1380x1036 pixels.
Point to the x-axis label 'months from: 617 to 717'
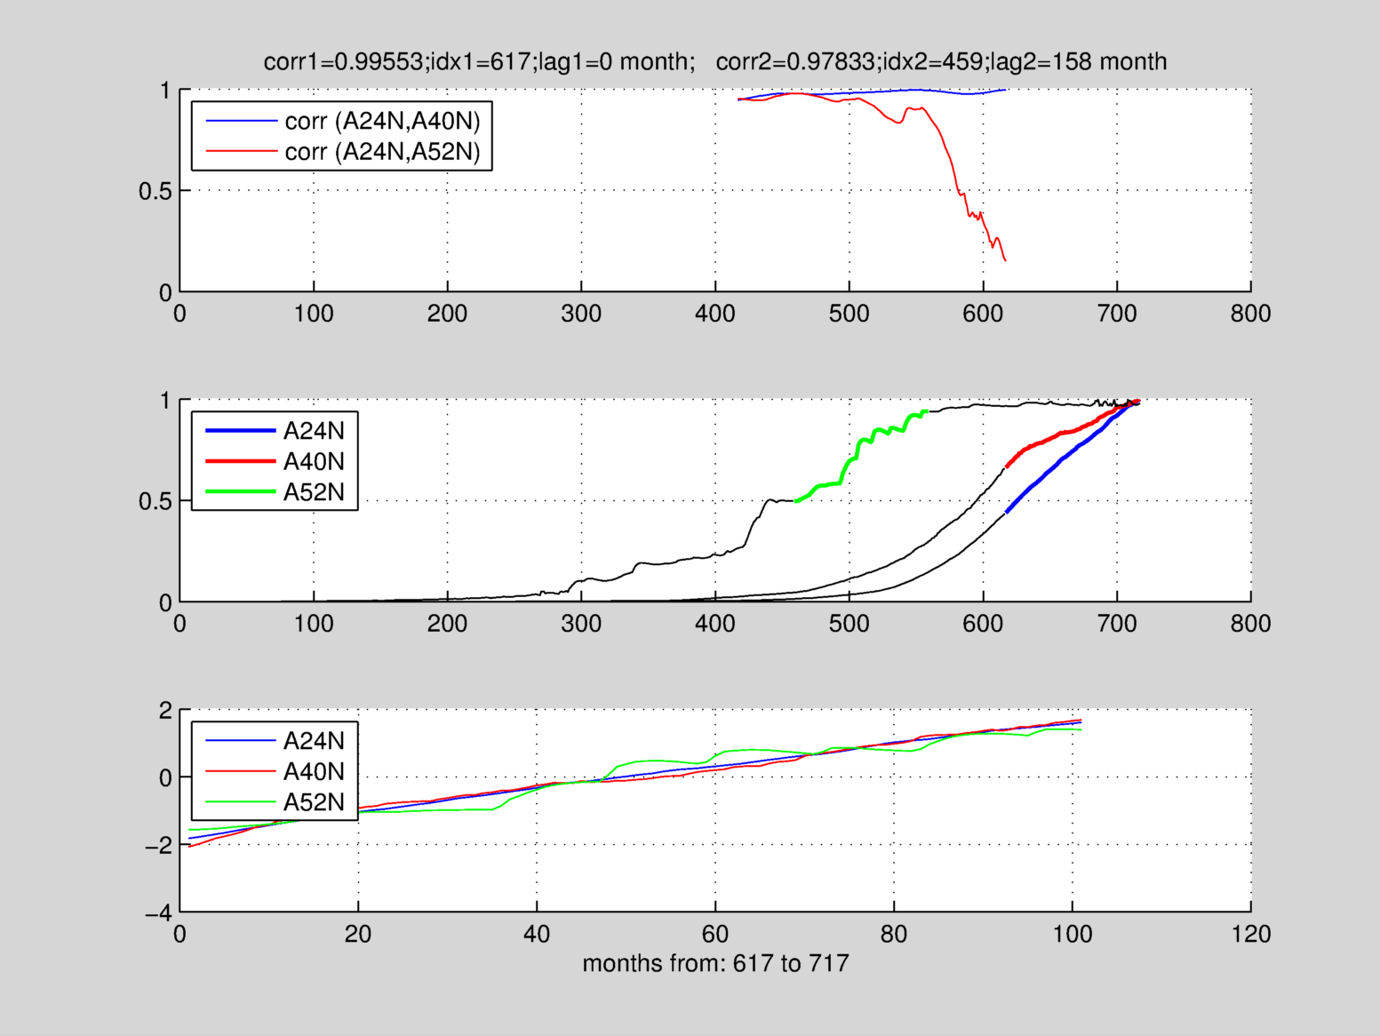tap(715, 963)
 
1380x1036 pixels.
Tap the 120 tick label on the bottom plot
tap(1250, 934)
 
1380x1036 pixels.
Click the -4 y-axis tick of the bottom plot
tap(158, 912)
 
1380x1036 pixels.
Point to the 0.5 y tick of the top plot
tap(155, 191)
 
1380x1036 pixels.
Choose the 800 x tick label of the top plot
tap(1250, 314)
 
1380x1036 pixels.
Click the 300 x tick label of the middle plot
tap(581, 624)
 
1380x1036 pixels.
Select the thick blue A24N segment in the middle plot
tap(1057, 461)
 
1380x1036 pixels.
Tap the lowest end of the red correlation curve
tap(1005, 260)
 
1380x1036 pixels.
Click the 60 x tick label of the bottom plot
tap(715, 934)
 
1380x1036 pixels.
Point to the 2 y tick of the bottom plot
tap(165, 710)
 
